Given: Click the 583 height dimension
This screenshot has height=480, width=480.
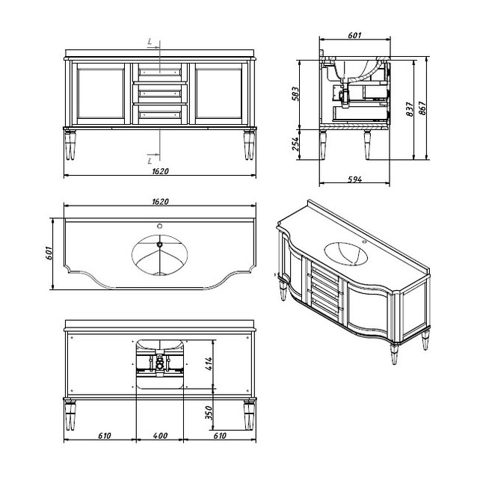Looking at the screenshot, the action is pyautogui.click(x=295, y=94).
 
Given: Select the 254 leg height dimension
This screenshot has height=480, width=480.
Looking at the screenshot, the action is pyautogui.click(x=295, y=144).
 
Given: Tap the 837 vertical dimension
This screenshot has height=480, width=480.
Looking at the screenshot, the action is pyautogui.click(x=410, y=109).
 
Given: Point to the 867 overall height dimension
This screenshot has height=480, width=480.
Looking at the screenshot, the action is pyautogui.click(x=422, y=108).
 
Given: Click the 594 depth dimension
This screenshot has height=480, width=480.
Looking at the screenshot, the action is pyautogui.click(x=355, y=179).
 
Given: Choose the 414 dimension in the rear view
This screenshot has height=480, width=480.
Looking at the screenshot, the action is pyautogui.click(x=209, y=363).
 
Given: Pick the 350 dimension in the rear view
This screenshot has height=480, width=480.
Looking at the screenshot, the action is pyautogui.click(x=209, y=413).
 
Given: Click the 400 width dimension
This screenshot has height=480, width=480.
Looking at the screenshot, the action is pyautogui.click(x=160, y=436).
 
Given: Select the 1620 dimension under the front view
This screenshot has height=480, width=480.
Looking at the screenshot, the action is pyautogui.click(x=161, y=171).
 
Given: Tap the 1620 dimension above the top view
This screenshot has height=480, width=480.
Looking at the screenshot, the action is pyautogui.click(x=161, y=202).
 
